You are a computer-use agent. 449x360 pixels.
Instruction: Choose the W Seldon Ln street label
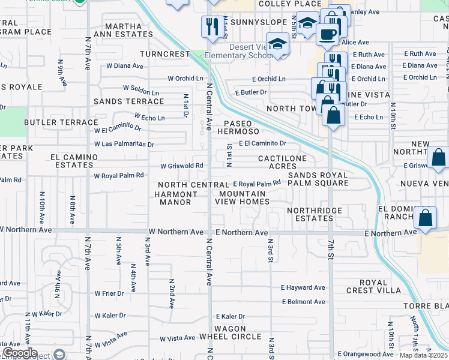point(141,90)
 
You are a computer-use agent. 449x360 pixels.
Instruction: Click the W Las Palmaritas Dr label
point(124,144)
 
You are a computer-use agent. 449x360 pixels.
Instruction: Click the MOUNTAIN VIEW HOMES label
point(243,198)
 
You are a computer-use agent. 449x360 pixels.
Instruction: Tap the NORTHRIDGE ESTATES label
point(314,215)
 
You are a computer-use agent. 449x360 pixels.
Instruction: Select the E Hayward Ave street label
point(303,288)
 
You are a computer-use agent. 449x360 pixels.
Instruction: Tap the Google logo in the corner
point(19,353)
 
